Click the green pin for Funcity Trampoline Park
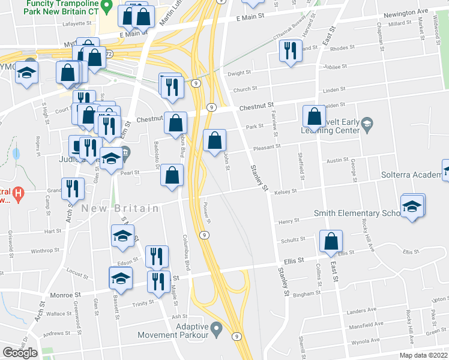106,8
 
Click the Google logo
20,353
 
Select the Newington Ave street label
406,11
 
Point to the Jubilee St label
335,67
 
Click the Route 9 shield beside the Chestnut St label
211,107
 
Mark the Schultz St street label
292,239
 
